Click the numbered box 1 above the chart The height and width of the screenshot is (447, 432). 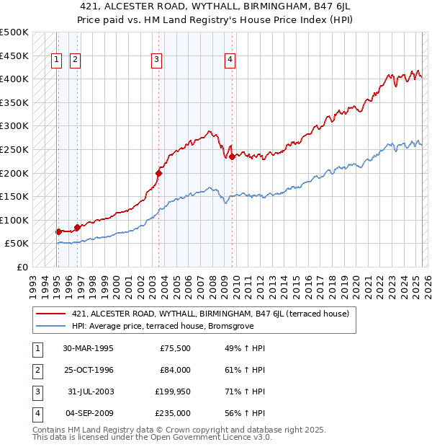pos(56,61)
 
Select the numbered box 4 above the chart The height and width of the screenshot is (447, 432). pos(230,61)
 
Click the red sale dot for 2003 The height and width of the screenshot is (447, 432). pos(159,172)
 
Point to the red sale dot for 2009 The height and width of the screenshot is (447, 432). pos(232,156)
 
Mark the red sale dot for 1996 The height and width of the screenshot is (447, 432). pos(77,227)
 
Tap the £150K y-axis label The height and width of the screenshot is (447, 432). pos(14,196)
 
